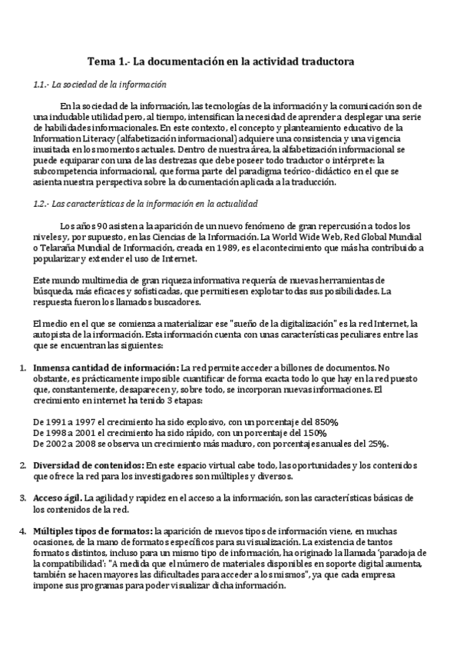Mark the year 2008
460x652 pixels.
pyautogui.click(x=93, y=444)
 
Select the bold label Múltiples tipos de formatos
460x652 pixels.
pyautogui.click(x=92, y=531)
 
